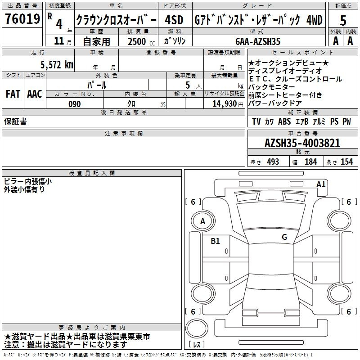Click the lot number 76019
(22, 18)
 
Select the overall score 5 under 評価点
(343, 20)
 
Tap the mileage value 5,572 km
(57, 65)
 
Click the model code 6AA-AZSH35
(258, 41)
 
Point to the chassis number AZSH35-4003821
(302, 143)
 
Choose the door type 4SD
(174, 20)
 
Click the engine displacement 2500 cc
(141, 41)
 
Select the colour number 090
(75, 104)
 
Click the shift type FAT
(13, 94)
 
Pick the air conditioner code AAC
(35, 94)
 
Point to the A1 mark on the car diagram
(321, 184)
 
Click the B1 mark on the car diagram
(215, 241)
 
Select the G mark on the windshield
(284, 237)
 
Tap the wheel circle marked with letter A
(203, 221)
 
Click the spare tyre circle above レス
(197, 328)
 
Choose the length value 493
(273, 162)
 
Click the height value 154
(346, 162)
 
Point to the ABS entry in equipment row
(284, 121)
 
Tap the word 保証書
(15, 121)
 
